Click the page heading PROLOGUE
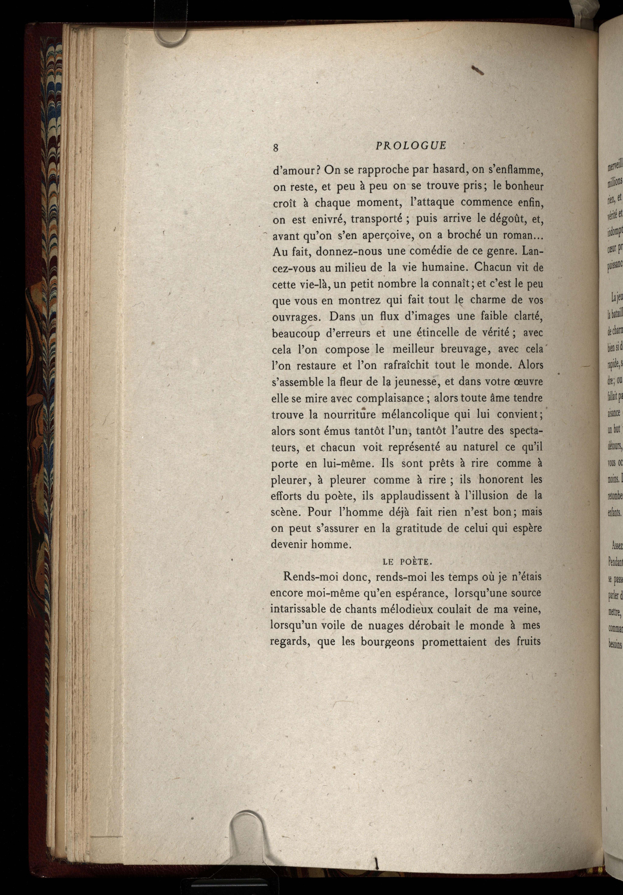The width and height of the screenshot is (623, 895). coord(411,146)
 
